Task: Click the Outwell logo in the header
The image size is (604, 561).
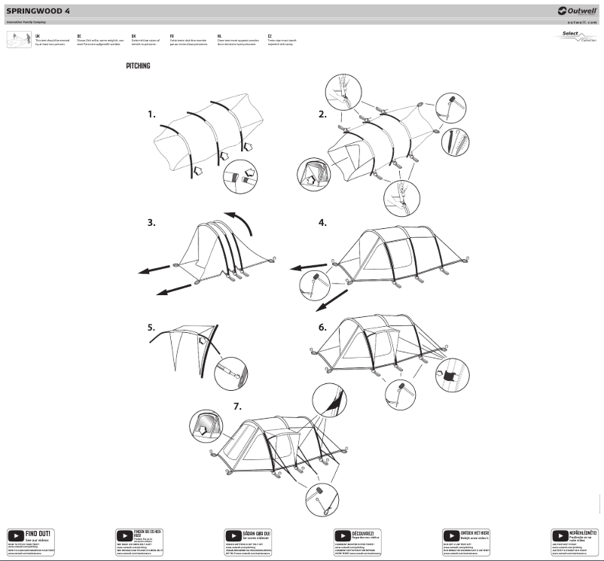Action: pos(578,11)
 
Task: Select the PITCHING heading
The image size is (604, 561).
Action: pos(138,66)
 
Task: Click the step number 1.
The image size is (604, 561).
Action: pos(151,114)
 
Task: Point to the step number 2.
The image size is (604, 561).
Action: pos(322,114)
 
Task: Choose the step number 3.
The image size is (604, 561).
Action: pos(151,222)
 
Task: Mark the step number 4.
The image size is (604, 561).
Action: pos(322,223)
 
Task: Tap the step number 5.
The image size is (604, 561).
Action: pos(151,328)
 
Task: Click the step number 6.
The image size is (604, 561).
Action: pos(322,328)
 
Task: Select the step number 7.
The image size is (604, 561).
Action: pos(237,405)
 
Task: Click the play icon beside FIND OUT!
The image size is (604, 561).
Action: pos(15,535)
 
